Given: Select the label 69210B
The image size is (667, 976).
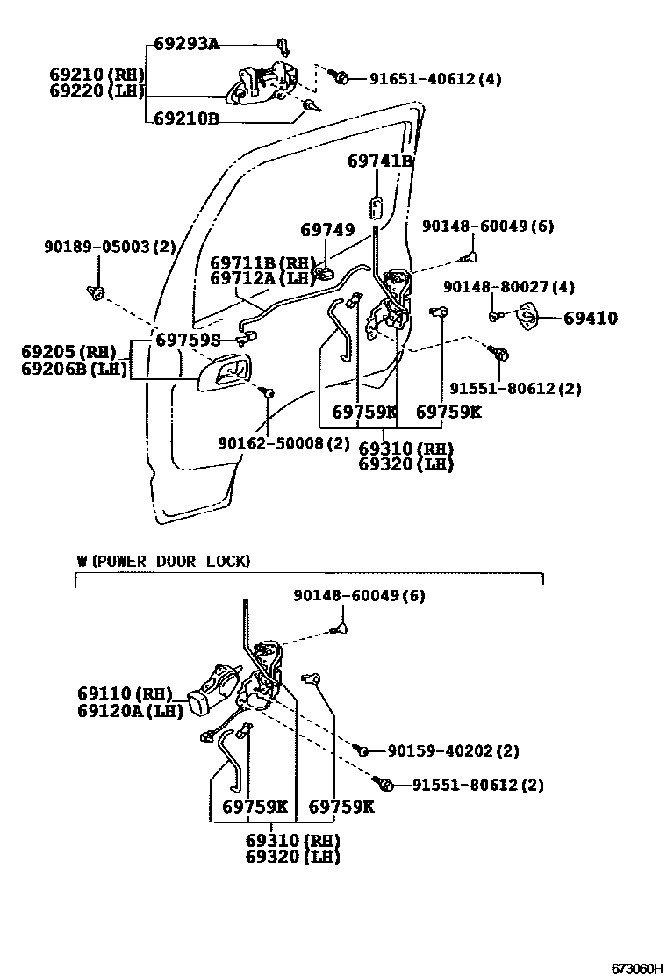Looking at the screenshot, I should point(186,118).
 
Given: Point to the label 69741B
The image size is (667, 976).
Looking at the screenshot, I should point(379,161).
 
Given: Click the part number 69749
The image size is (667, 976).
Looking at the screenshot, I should point(327,230).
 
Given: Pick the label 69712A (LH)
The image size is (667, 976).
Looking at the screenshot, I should point(262,278).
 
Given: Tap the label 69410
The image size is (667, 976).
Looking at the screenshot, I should point(590,319).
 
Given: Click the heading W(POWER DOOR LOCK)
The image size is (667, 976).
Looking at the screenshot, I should point(162,561).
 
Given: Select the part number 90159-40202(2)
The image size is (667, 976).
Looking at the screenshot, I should point(453,751).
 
